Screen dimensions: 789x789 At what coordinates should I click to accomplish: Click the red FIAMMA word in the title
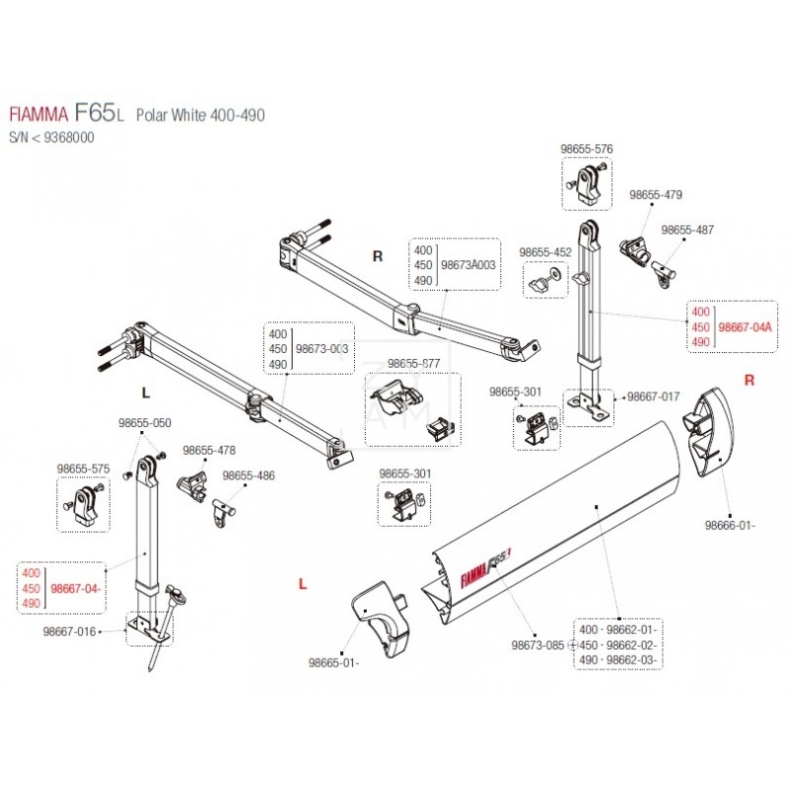[38, 115]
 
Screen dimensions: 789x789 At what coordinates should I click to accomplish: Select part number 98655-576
[586, 149]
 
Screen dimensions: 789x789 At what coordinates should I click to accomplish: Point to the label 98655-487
[687, 229]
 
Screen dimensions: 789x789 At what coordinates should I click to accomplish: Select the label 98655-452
[545, 252]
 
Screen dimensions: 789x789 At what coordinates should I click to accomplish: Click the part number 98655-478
[208, 450]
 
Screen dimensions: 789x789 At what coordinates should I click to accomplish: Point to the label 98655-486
[248, 475]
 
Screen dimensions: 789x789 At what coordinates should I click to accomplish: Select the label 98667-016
[69, 631]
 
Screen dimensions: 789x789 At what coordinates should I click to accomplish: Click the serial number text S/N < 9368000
[51, 138]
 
